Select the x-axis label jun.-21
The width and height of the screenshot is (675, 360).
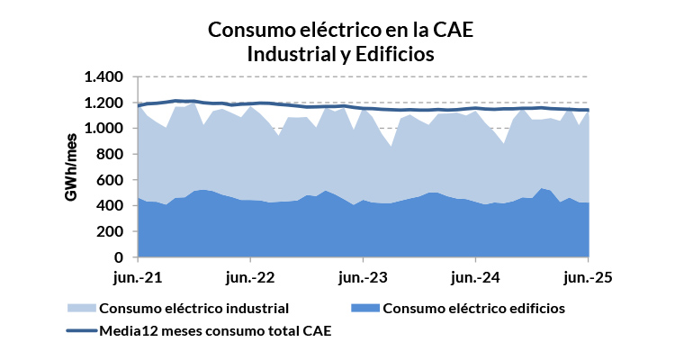pyautogui.click(x=137, y=276)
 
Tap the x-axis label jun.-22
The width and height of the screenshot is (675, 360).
pyautogui.click(x=249, y=276)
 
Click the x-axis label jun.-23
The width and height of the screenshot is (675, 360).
pyautogui.click(x=363, y=276)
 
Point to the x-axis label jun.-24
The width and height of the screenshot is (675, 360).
pyautogui.click(x=475, y=276)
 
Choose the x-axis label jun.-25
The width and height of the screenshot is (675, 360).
pyautogui.click(x=589, y=276)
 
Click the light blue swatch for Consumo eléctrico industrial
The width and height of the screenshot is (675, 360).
pyautogui.click(x=81, y=309)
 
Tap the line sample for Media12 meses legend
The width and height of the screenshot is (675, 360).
pyautogui.click(x=81, y=331)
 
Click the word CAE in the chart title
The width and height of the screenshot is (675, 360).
pyautogui.click(x=447, y=30)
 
